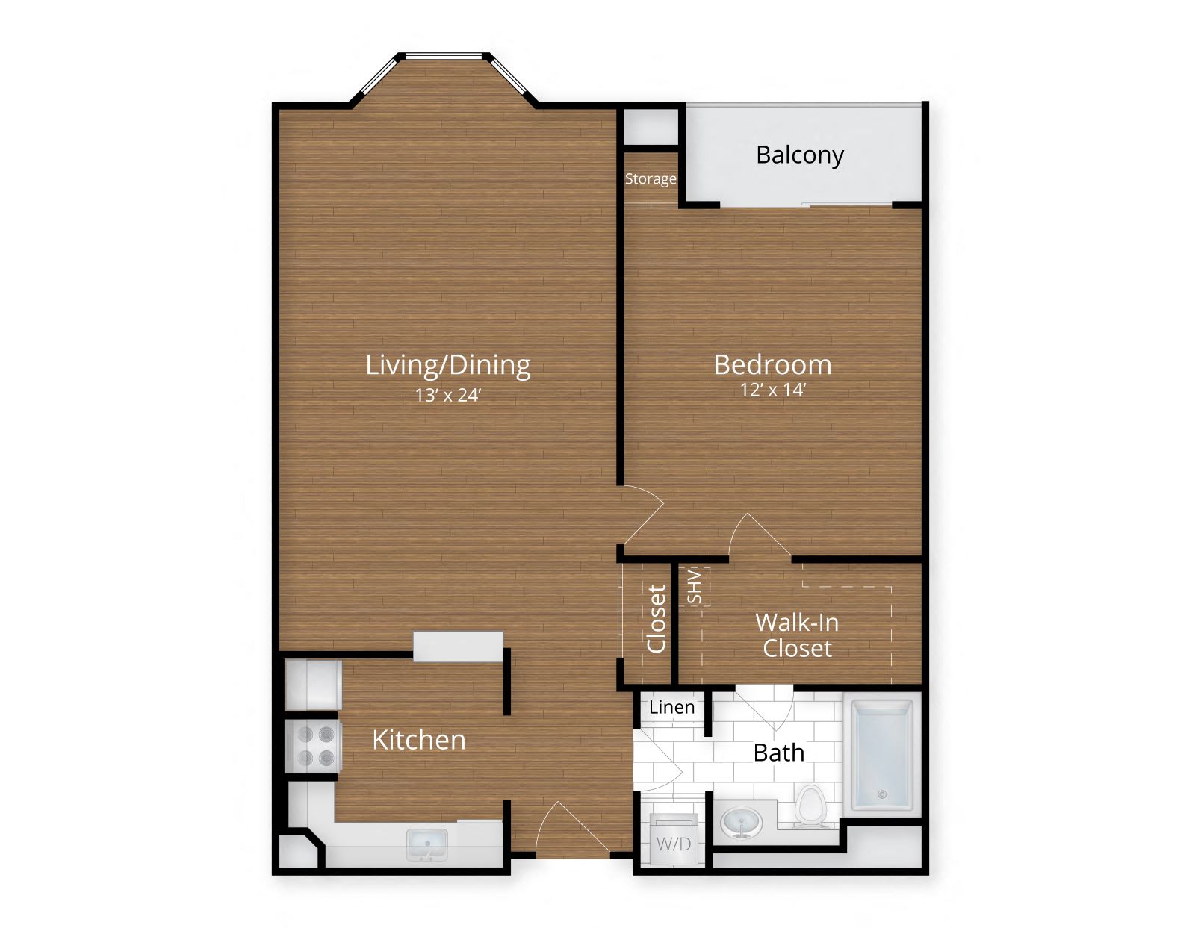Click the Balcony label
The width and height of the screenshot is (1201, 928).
coord(799,155)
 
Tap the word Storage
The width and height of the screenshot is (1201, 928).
coord(650,179)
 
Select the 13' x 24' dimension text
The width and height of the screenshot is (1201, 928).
coord(448,395)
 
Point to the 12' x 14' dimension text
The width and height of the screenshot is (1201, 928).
coord(772,390)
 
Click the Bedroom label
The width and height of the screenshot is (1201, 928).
coord(772,364)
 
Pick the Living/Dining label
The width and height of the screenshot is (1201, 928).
coord(448,364)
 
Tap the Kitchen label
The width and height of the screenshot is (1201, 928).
coord(418,740)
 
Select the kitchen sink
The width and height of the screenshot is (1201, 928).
coord(427,844)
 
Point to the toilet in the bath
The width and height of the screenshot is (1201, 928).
coord(810,806)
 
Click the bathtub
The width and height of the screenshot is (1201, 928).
coord(882,754)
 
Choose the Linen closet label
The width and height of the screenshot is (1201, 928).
coord(671,707)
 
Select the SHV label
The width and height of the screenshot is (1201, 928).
coord(694,587)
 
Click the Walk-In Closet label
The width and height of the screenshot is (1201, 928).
coord(797,635)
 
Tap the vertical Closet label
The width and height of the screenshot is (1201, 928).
coord(656,618)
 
